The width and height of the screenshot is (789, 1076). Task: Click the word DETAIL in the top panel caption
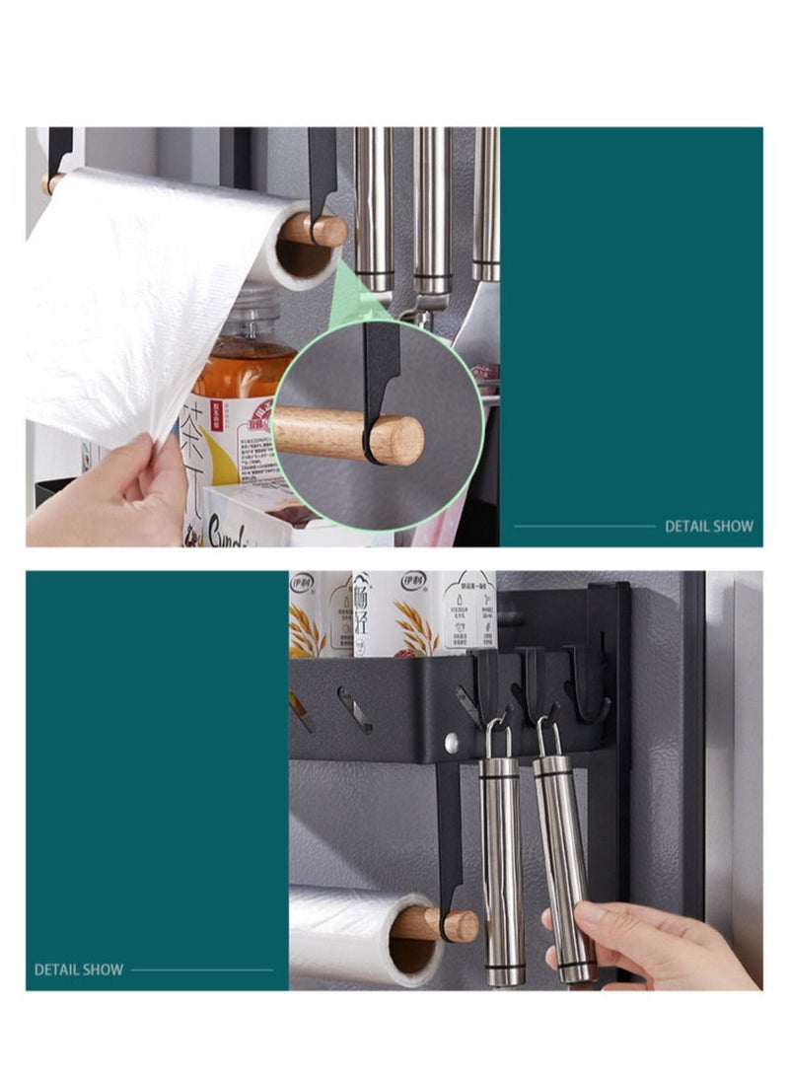[686, 526]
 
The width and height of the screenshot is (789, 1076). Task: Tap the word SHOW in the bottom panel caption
[102, 969]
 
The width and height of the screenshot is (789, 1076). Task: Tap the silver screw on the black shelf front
[451, 742]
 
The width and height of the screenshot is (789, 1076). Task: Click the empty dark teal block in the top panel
[631, 316]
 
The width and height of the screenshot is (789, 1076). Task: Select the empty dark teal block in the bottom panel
[158, 759]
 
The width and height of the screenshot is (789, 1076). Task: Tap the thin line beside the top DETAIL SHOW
[584, 526]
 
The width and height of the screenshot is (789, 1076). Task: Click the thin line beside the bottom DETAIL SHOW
[202, 969]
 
